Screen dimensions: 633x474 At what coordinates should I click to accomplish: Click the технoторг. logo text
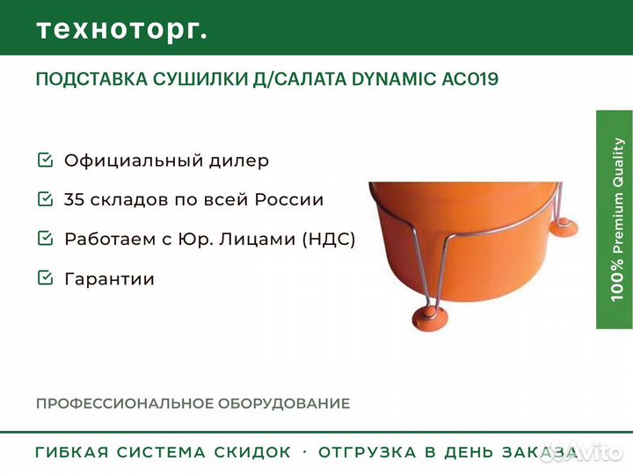(x=122, y=30)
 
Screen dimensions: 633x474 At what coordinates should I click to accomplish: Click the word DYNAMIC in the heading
(x=394, y=79)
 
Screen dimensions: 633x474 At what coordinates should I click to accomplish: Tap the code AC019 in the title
(x=470, y=79)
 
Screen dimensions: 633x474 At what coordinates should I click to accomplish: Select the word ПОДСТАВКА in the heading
(x=91, y=79)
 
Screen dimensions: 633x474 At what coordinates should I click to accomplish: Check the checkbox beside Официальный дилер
(x=45, y=160)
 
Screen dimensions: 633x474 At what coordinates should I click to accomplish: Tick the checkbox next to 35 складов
(x=45, y=198)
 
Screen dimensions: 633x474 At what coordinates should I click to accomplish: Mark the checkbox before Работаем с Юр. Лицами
(x=45, y=238)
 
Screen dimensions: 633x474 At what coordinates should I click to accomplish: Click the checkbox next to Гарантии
(x=45, y=277)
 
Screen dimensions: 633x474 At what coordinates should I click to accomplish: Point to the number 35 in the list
(x=74, y=199)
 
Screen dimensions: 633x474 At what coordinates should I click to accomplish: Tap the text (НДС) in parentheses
(x=329, y=239)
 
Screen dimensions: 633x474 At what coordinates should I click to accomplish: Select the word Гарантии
(x=109, y=279)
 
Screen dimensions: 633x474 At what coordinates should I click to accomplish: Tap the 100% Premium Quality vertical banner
(x=615, y=219)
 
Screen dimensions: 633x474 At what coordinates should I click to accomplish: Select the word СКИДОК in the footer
(x=252, y=452)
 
